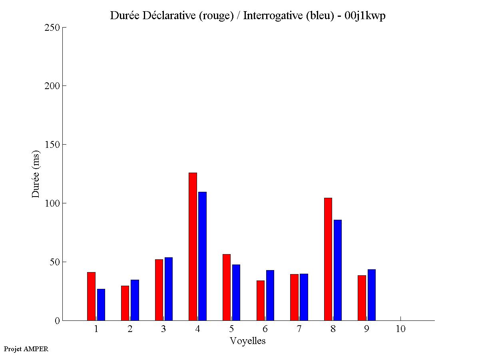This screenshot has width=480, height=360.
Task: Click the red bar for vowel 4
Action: coord(193,247)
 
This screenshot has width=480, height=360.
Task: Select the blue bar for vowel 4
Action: coord(202,256)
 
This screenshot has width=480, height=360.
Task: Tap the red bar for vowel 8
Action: coord(328,259)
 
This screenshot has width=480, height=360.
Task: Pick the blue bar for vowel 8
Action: coord(337,270)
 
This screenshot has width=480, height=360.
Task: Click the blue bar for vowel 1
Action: coord(101,304)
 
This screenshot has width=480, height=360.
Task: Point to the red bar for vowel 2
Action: coord(125,303)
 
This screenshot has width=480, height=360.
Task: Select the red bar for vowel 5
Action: coord(226,287)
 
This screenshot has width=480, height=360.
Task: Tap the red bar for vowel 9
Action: coord(362,298)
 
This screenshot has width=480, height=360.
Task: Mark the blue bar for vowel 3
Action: coord(168,289)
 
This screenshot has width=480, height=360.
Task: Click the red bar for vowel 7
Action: coord(294,297)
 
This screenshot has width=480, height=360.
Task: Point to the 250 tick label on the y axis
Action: coord(52,28)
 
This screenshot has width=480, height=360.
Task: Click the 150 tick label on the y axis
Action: coord(52,145)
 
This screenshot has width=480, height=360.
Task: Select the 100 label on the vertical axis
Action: coord(52,203)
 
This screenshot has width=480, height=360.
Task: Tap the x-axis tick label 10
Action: coord(400,329)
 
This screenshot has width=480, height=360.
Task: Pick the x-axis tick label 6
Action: coord(265,329)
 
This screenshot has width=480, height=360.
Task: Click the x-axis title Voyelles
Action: coord(247,341)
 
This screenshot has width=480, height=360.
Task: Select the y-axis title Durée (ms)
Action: coord(36,174)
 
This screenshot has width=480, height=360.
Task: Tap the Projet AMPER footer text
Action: coord(26,349)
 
